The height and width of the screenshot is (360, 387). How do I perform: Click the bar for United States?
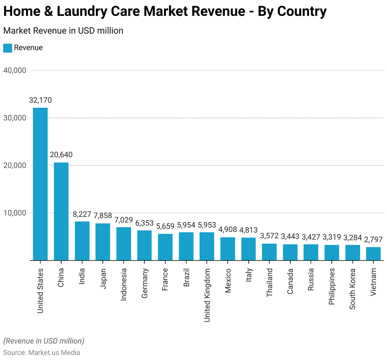[x=40, y=184]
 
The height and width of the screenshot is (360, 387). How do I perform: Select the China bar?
[x=61, y=212]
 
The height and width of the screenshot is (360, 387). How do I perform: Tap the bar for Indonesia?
[x=124, y=244]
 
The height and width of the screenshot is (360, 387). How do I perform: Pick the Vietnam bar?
[x=373, y=254]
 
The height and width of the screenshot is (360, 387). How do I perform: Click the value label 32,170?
[x=40, y=100]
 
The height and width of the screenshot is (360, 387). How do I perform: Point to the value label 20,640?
[x=61, y=155]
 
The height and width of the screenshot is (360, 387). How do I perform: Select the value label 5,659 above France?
[x=165, y=226]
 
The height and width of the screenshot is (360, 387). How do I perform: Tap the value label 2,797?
[x=373, y=239]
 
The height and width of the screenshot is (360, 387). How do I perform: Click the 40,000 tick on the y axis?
[x=15, y=70]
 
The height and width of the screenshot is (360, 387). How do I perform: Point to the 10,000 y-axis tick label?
[x=15, y=213]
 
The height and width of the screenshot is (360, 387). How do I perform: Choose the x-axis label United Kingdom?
[x=207, y=295]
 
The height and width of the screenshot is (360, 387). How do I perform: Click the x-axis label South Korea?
[x=353, y=289]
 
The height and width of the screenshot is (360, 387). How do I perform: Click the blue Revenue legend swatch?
[x=8, y=48]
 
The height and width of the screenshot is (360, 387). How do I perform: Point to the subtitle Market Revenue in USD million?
[x=63, y=31]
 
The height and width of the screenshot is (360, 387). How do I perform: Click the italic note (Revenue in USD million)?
[x=43, y=341]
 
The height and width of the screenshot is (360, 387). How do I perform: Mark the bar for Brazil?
[x=186, y=246]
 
